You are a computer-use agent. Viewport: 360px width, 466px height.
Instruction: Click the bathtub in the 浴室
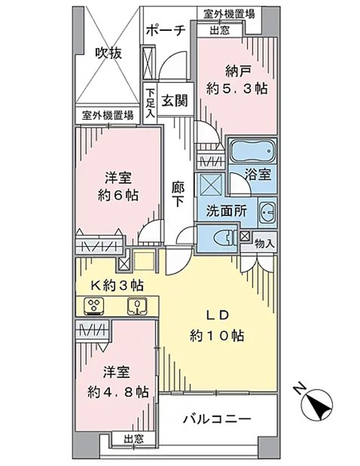point(252,151)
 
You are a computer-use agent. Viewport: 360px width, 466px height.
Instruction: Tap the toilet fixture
point(225,238)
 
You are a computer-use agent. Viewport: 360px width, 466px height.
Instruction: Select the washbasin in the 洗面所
point(267,212)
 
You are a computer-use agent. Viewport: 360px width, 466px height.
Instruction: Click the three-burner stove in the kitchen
point(94,305)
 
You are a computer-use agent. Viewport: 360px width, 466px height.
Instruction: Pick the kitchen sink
point(138,305)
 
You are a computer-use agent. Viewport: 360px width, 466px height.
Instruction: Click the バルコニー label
point(217,419)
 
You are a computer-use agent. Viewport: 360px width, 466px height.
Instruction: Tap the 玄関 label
point(174,100)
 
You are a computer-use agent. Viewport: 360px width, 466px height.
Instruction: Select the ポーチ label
point(166,30)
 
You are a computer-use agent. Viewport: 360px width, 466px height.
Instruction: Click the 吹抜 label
point(109,53)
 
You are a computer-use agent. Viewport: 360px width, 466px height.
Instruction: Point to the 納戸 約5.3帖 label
point(238,80)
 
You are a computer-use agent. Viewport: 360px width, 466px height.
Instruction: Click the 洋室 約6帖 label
point(118,187)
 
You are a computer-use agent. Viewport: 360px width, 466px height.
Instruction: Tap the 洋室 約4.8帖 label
point(118,382)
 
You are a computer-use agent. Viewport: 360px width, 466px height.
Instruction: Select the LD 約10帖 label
point(217,326)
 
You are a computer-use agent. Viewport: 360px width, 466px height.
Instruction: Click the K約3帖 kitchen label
point(117,285)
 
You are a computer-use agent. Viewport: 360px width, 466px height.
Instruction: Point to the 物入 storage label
point(264,244)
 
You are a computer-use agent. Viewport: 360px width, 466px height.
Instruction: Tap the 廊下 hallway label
point(178,194)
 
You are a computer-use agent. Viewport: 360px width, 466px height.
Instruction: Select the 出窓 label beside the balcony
point(134,439)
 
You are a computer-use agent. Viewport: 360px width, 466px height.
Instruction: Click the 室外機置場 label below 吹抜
point(107,115)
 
